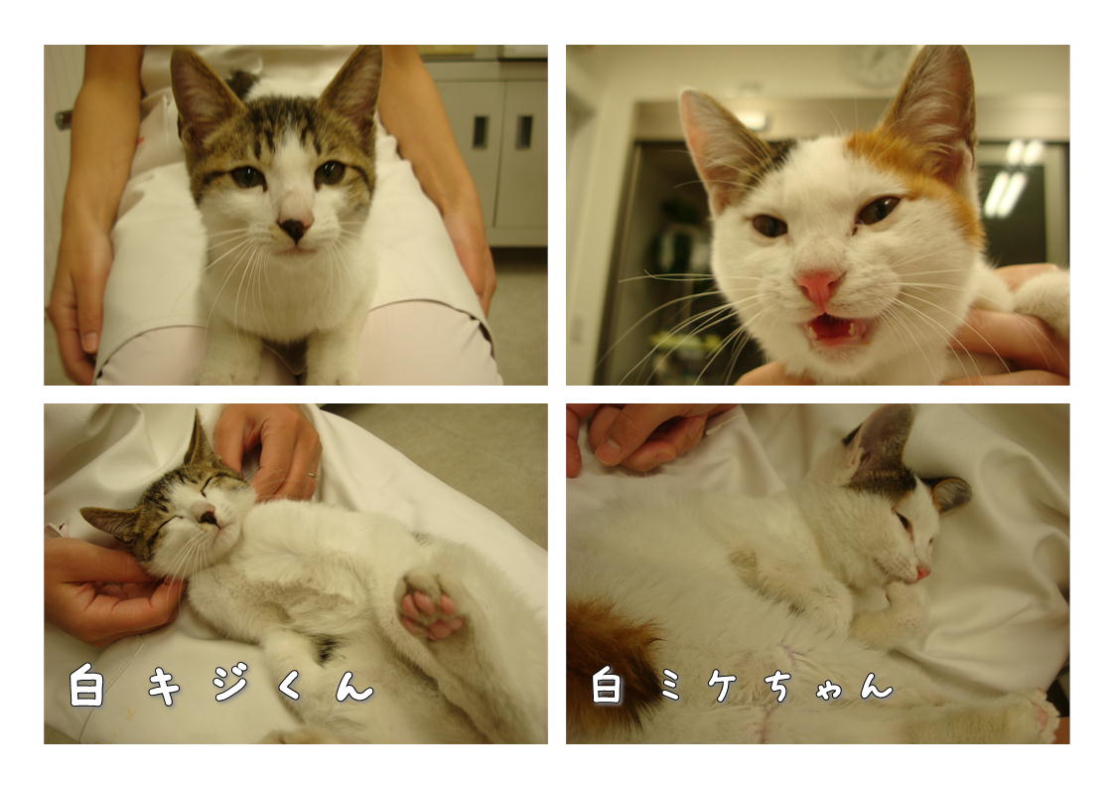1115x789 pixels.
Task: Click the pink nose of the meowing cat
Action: [x=819, y=286]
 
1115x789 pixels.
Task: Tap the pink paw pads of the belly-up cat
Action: [x=429, y=608]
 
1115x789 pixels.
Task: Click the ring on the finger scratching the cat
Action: [x=312, y=473]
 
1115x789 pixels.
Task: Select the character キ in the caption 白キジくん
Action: [x=164, y=686]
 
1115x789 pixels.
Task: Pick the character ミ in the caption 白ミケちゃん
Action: [x=669, y=686]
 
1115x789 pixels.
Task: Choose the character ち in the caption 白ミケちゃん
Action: [x=780, y=685]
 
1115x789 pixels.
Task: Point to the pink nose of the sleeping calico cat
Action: [x=922, y=571]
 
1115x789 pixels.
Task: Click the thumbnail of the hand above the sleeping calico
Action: [x=607, y=452]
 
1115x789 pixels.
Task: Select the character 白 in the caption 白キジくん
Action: [x=86, y=685]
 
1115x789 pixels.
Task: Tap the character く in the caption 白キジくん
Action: [x=290, y=686]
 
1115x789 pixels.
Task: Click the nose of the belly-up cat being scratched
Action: [x=208, y=517]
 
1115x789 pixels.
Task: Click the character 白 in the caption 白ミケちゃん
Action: [x=607, y=685]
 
